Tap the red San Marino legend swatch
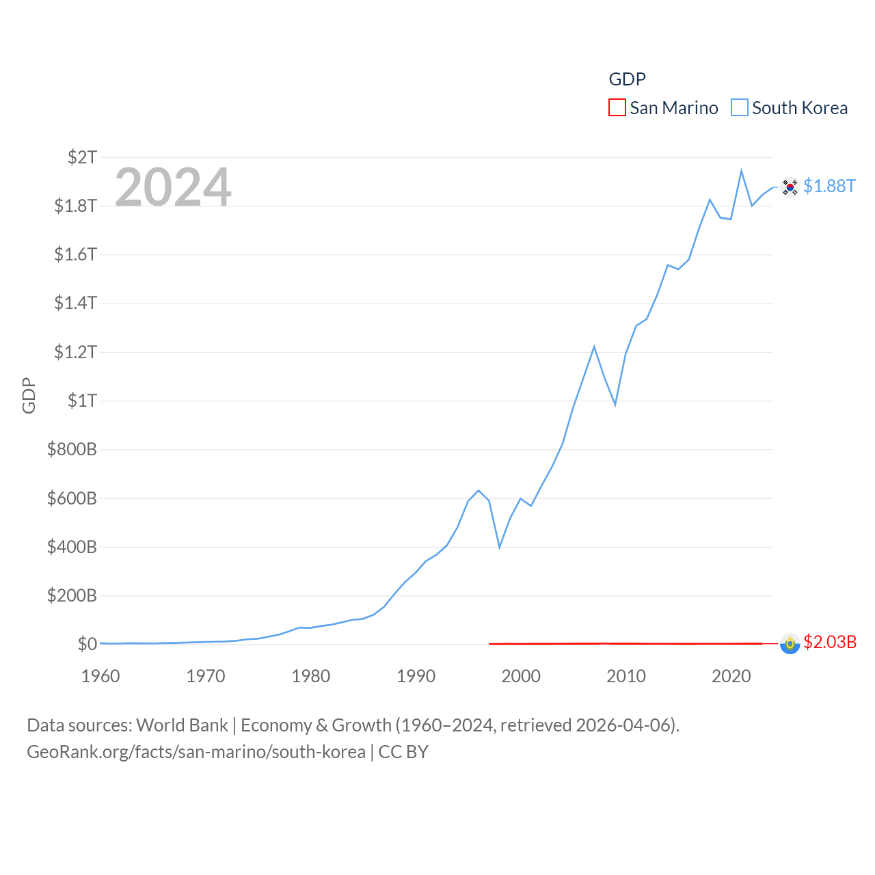coord(617,108)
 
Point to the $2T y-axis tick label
coord(82,157)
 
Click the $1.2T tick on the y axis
coord(76,352)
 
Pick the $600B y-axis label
coord(72,498)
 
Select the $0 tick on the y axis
coord(87,644)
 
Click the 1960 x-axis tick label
coord(100,676)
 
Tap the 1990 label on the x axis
coord(416,676)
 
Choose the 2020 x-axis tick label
coord(731,676)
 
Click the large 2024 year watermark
coord(173,187)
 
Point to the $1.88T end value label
coord(829,186)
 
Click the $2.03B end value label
coord(830,642)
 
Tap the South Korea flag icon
coord(790,187)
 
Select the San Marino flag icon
coord(790,644)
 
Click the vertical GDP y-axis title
coord(29,395)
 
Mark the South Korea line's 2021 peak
coord(741,171)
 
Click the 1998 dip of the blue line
coord(500,547)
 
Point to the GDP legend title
coord(627,79)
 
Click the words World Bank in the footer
coord(183,725)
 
